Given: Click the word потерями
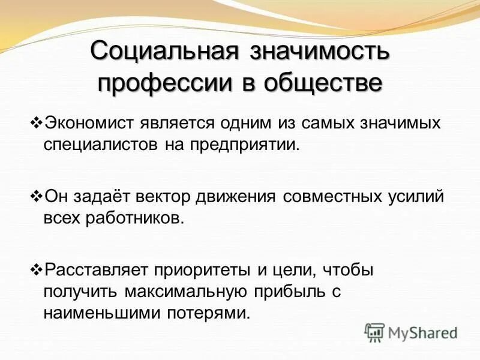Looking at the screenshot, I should (215, 313).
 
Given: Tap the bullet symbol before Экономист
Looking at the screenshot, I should (34, 123).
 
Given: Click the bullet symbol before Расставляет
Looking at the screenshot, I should (34, 269).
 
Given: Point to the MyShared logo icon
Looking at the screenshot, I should (374, 332).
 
